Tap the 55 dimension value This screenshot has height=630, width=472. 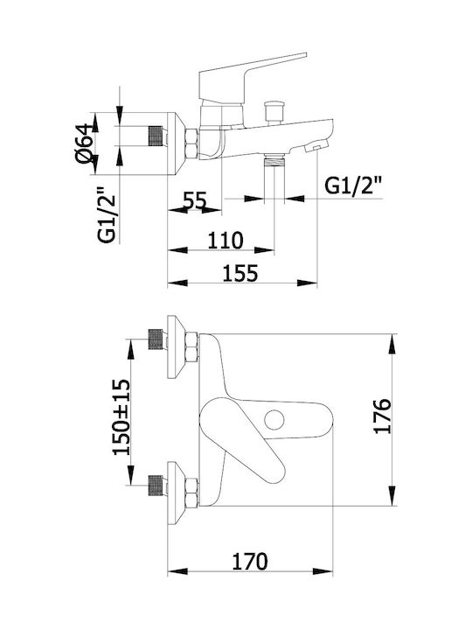195,200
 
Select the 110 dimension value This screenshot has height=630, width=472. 226,241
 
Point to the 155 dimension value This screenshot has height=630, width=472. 240,273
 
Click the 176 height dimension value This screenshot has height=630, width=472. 382,416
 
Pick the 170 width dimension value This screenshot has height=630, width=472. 250,561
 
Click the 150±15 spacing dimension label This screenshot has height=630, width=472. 121,416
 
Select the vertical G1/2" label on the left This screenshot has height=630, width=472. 107,213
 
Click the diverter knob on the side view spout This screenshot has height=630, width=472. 274,112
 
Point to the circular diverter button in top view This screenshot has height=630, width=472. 274,420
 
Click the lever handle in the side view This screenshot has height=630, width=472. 253,75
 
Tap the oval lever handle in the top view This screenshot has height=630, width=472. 241,442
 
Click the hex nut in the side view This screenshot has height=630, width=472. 191,143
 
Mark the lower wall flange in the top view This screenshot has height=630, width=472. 176,493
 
